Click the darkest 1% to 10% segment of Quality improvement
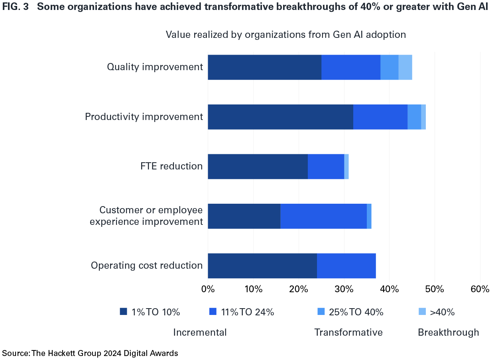point(264,67)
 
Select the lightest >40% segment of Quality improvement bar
point(405,67)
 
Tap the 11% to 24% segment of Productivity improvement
point(380,117)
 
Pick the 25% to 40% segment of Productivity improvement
point(414,117)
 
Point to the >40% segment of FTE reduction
point(346,166)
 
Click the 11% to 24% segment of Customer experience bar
point(323,216)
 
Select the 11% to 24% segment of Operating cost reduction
point(346,266)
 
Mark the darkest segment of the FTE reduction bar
point(258,166)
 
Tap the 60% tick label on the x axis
point(480,289)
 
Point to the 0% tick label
point(208,289)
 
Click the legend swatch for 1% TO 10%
point(124,311)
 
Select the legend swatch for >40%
point(422,311)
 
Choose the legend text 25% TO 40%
point(356,312)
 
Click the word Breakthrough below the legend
point(448,332)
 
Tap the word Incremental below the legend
point(200,332)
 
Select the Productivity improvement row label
point(144,117)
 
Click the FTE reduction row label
point(171,166)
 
